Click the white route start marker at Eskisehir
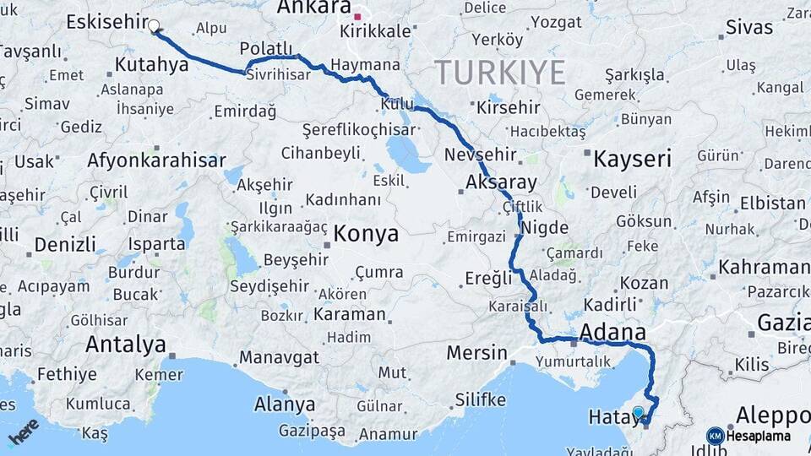click(154, 25)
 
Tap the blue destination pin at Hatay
click(639, 413)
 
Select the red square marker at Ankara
click(357, 16)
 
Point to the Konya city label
click(366, 234)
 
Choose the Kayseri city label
click(632, 158)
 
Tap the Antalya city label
click(125, 345)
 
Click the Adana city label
click(612, 331)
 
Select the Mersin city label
click(478, 352)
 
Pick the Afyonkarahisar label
click(156, 160)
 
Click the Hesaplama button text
click(759, 436)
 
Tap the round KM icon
click(715, 436)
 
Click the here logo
click(23, 432)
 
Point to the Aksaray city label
click(501, 182)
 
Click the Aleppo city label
click(772, 415)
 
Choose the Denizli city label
click(65, 245)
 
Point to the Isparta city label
click(156, 244)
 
